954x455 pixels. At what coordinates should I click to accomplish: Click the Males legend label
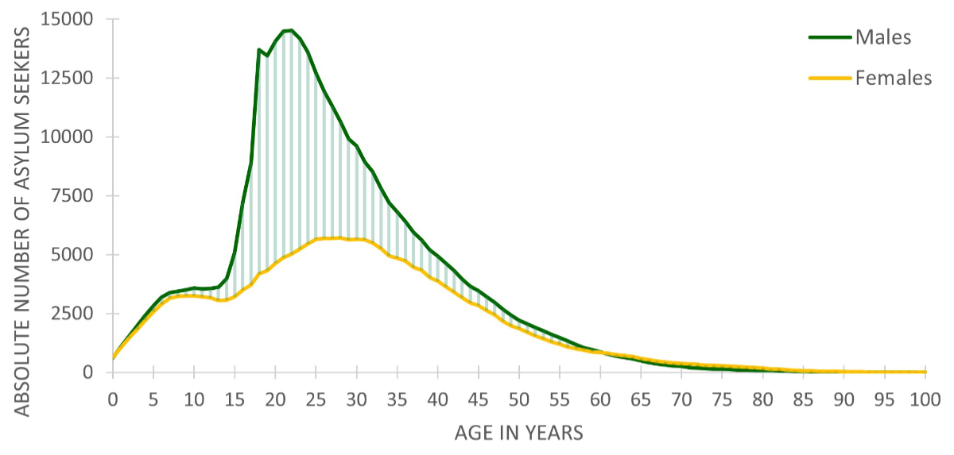click(882, 37)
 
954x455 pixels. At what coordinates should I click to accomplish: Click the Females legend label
click(894, 78)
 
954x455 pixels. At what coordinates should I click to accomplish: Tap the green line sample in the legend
click(830, 37)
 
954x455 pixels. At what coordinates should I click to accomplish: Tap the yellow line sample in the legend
click(830, 78)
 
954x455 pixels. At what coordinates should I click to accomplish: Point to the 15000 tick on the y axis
click(72, 19)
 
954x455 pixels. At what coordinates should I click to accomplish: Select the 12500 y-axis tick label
click(72, 78)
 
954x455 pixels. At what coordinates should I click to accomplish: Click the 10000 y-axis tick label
click(72, 137)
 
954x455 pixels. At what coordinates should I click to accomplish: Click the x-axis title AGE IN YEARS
click(519, 433)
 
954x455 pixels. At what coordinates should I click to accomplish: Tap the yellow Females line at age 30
click(356, 239)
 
